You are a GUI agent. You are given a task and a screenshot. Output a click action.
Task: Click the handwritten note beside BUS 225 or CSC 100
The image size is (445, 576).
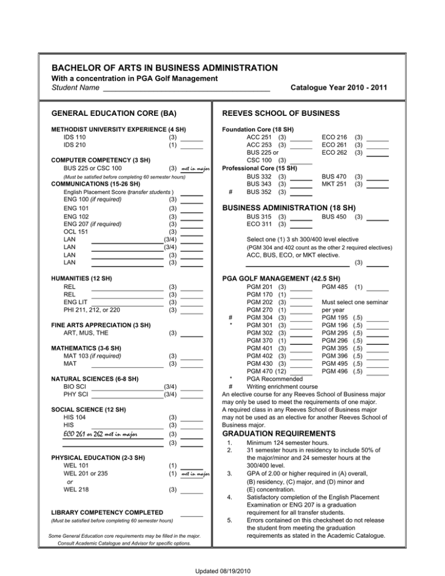pyautogui.click(x=195, y=169)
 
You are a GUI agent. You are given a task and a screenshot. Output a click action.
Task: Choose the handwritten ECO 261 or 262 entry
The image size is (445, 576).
pyautogui.click(x=103, y=433)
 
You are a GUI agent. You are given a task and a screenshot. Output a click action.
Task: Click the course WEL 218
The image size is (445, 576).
pyautogui.click(x=75, y=489)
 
